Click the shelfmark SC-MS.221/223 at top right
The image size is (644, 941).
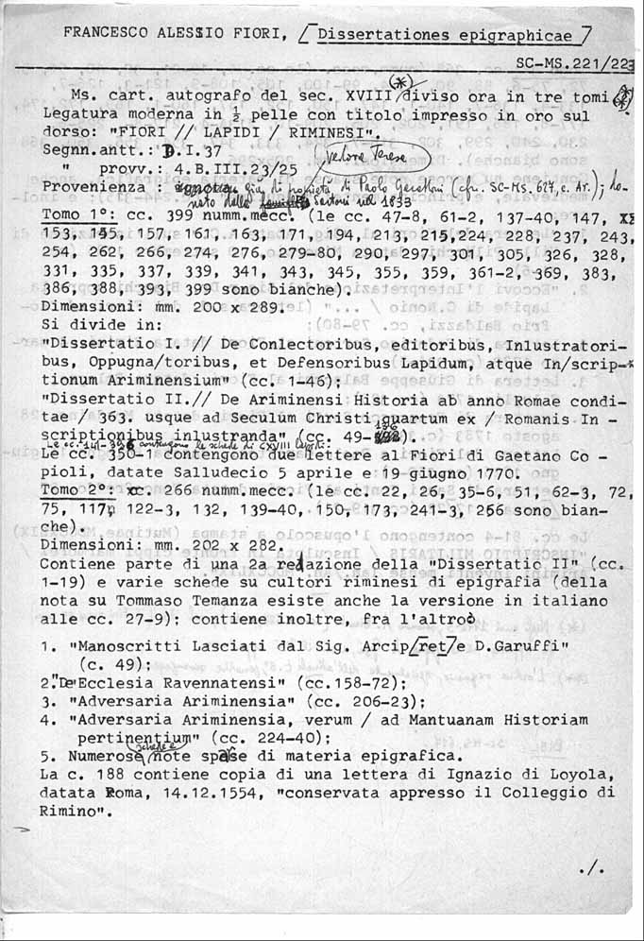pyautogui.click(x=576, y=63)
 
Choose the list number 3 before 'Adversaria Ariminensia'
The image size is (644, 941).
pyautogui.click(x=45, y=702)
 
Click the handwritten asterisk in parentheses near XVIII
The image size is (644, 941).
pyautogui.click(x=413, y=82)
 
